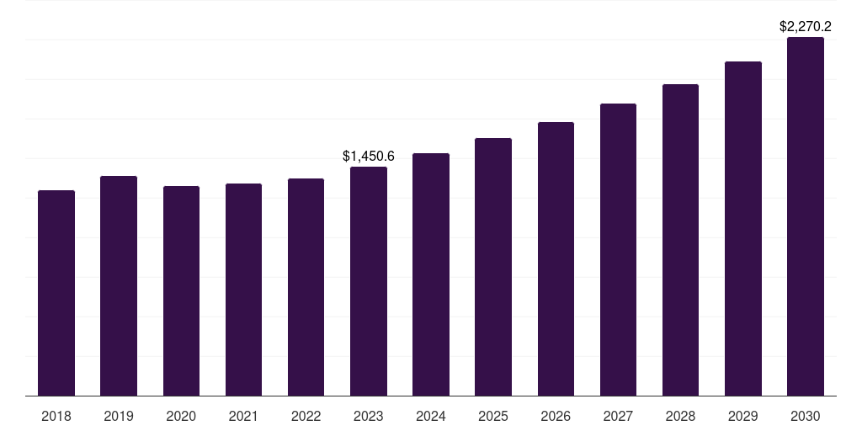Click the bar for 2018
click(x=56, y=293)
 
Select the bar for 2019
click(x=119, y=286)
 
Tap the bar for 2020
click(x=182, y=290)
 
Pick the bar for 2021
click(x=243, y=290)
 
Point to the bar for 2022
click(x=306, y=287)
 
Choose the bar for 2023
click(x=369, y=281)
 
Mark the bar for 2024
click(x=431, y=274)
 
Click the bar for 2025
click(x=493, y=267)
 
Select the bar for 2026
click(x=556, y=259)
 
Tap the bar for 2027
click(x=618, y=249)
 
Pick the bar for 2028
click(x=680, y=240)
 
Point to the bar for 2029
click(x=743, y=229)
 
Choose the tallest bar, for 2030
click(x=806, y=216)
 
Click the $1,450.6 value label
click(x=369, y=156)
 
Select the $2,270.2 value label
click(x=806, y=26)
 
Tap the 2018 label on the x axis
click(x=56, y=416)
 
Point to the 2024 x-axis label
click(x=431, y=416)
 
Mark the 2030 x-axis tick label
click(x=806, y=416)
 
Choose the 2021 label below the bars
click(x=243, y=416)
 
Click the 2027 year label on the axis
click(x=618, y=416)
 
